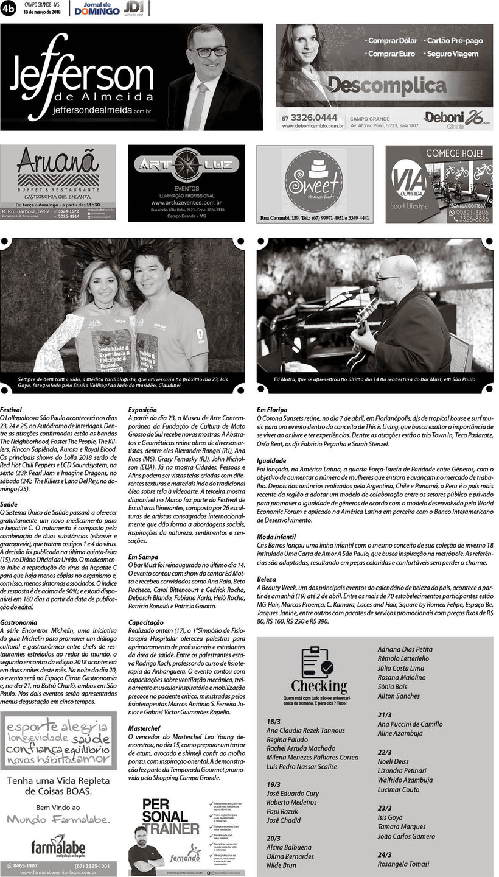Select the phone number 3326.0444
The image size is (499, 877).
point(314,118)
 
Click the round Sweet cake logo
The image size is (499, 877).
point(314,180)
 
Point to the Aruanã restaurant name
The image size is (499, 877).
point(58,163)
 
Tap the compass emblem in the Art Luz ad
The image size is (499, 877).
point(186,165)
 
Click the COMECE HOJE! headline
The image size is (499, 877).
point(455,153)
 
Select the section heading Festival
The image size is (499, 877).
point(10,410)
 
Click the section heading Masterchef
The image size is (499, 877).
point(144,728)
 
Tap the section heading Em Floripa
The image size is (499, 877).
point(272,410)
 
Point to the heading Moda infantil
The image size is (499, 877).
point(276,537)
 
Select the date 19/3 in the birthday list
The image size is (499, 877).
point(273,784)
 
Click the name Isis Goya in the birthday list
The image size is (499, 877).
point(390,817)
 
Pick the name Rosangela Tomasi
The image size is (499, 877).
point(403,864)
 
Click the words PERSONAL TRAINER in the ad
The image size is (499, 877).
point(170,815)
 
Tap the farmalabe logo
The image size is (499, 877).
point(58,847)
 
